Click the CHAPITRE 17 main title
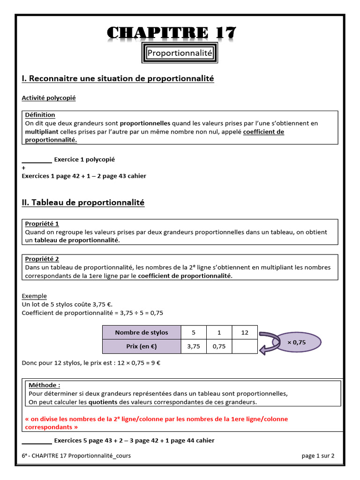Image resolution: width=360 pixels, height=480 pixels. pos(172,33)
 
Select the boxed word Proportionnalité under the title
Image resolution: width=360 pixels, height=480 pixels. pos(180,53)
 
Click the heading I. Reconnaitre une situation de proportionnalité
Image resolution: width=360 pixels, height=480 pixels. pos(118,79)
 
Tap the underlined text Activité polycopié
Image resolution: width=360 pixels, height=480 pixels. pos(49,98)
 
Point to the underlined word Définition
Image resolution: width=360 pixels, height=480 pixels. pos(40,115)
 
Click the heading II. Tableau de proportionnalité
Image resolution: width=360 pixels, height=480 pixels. pos(83,202)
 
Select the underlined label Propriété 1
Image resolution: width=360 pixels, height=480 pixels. pos(42,224)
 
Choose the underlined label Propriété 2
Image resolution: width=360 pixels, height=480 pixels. pos(42,259)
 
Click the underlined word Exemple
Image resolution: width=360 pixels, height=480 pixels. pos(34,296)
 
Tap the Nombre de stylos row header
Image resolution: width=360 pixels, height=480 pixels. pos(142,332)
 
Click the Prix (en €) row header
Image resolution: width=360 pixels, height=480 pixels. pos(142,346)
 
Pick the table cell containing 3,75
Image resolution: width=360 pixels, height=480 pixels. pos(194,346)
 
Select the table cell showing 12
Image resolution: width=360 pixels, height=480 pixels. pos(244,332)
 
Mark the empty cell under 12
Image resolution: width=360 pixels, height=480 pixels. pos(244,346)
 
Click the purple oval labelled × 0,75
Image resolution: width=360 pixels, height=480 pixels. pos(296,343)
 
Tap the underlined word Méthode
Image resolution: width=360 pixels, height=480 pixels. pos(44,385)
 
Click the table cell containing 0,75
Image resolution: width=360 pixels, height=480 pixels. pos(219,346)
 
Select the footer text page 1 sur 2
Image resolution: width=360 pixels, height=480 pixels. pos(318,456)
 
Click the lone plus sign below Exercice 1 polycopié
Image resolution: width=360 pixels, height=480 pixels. pos(24,168)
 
